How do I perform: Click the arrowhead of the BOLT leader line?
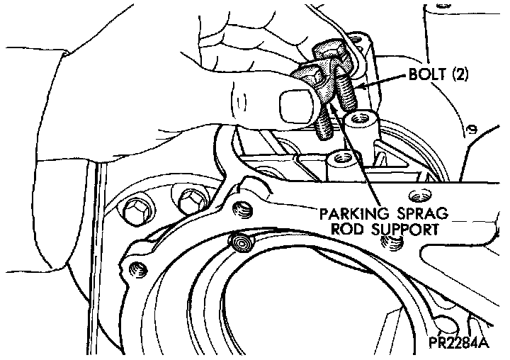pos(358,88)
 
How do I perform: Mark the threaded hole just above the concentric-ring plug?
pos(244,209)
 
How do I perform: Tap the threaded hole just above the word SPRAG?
pos(414,193)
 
